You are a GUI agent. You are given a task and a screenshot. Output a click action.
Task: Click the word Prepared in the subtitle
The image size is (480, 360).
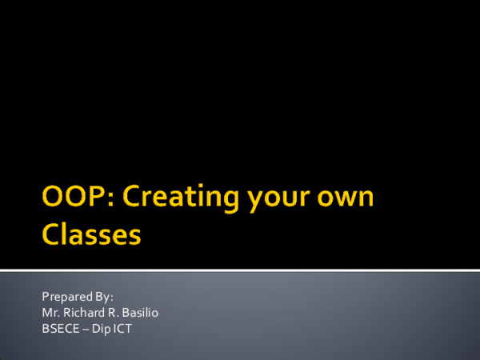[64, 297]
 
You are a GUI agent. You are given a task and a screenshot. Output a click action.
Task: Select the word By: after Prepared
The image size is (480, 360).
[102, 297]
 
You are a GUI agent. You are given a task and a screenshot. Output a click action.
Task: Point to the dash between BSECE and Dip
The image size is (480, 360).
[82, 327]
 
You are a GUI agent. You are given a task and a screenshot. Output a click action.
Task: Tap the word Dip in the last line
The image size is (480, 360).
[98, 327]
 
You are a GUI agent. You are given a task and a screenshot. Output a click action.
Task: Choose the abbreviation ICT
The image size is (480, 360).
[121, 327]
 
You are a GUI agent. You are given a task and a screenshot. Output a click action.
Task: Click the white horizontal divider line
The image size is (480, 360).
[240, 269]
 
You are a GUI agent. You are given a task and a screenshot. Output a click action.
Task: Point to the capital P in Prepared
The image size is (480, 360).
[44, 297]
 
